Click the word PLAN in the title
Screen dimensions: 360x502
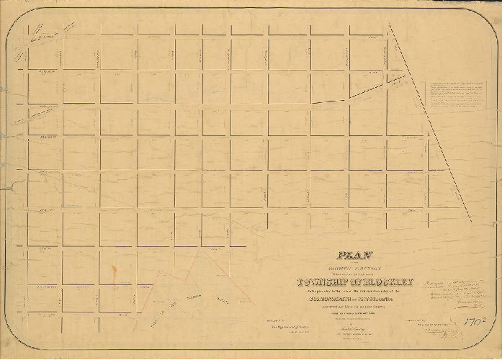tap(347, 253)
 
